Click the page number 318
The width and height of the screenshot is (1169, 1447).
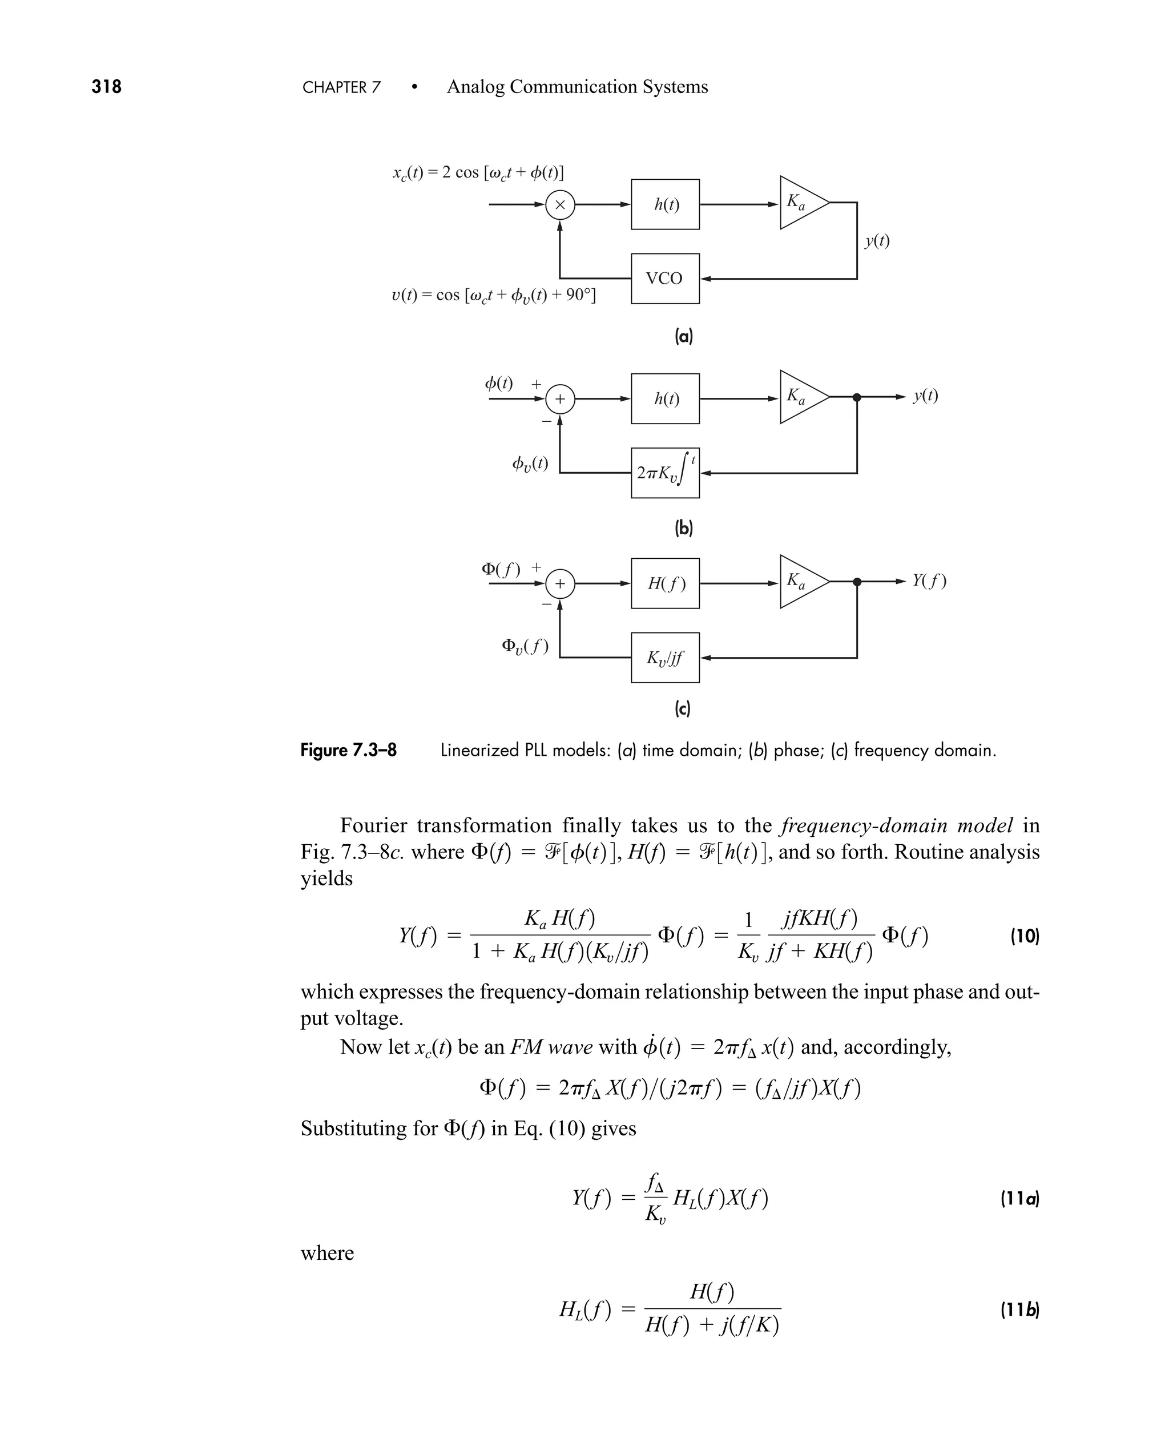(x=106, y=87)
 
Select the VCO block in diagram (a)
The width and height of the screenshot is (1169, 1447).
(x=664, y=278)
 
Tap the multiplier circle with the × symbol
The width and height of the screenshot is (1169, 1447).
(x=559, y=205)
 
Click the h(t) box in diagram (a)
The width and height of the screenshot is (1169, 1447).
(x=664, y=204)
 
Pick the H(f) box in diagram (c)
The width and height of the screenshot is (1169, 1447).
(x=664, y=583)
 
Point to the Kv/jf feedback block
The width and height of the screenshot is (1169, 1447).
(x=664, y=657)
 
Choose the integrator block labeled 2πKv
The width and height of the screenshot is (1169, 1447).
(x=664, y=473)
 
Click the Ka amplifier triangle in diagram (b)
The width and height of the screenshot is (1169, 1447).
(x=801, y=397)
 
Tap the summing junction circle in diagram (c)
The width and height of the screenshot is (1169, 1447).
(x=559, y=584)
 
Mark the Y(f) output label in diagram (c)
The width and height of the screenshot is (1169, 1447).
(x=929, y=581)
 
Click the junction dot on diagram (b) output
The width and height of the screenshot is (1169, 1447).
(x=857, y=397)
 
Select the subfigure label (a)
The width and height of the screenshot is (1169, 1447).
(x=683, y=336)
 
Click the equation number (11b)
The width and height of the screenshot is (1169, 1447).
(x=1019, y=1309)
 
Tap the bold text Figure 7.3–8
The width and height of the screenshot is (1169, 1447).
(x=348, y=750)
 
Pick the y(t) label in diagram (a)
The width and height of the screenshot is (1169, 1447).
(x=877, y=240)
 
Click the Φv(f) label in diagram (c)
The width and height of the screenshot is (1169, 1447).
(x=525, y=646)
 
